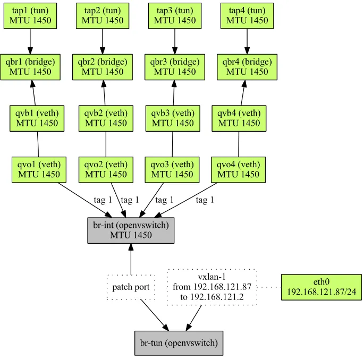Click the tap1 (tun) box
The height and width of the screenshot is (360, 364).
30,15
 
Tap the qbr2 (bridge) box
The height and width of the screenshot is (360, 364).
103,67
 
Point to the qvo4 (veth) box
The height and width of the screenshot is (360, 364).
238,169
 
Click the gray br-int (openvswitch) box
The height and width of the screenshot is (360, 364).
131,230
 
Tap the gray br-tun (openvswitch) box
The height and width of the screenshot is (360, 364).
179,343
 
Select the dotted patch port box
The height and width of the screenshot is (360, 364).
131,287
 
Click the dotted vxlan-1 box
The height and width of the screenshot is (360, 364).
212,287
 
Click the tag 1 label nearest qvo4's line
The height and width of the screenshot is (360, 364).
205,200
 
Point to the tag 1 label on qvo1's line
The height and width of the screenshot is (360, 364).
103,200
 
